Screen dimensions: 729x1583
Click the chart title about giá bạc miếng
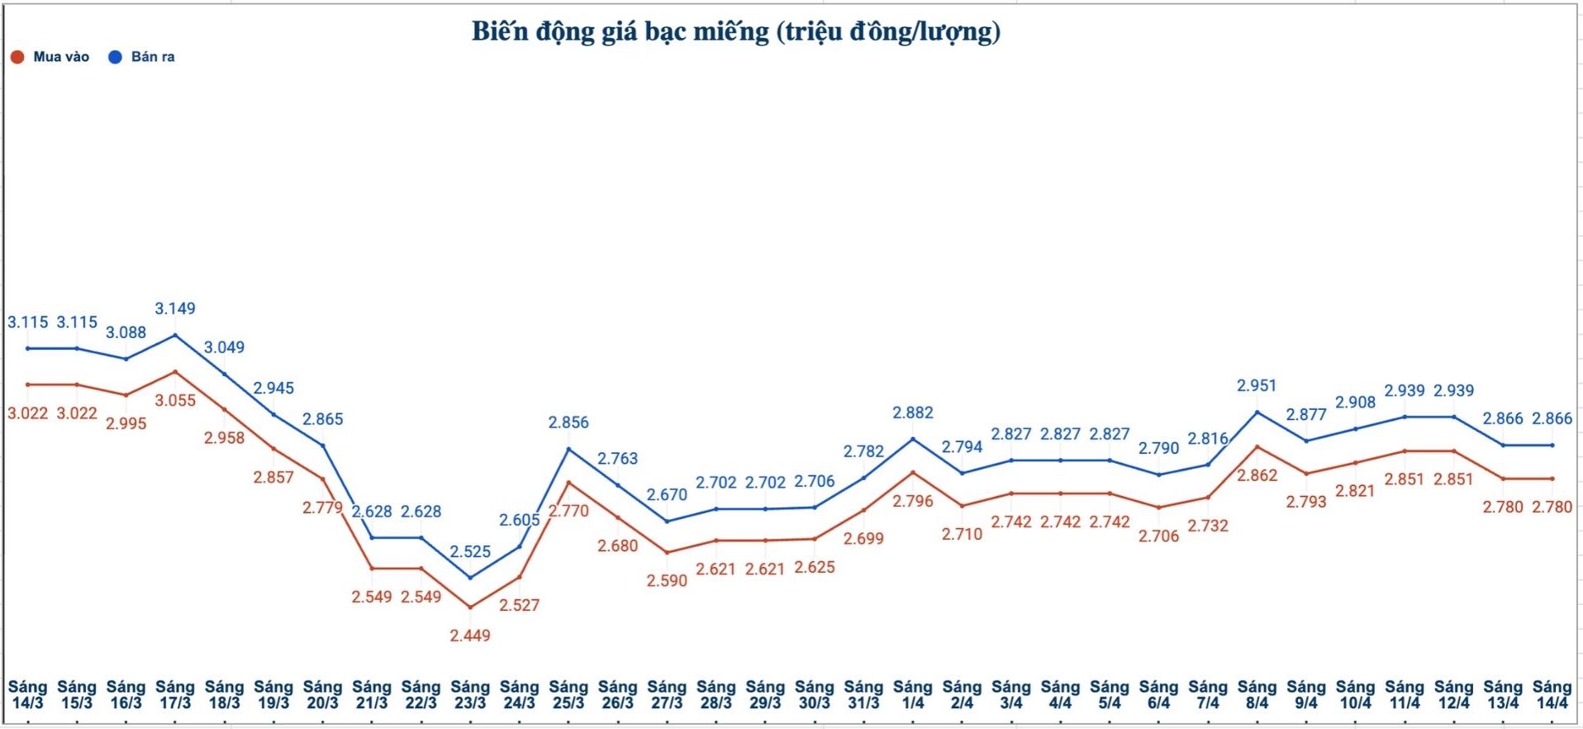click(735, 31)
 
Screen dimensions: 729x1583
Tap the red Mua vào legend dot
click(17, 57)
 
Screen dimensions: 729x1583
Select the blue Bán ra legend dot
click(116, 57)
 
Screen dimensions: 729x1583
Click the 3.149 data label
click(175, 308)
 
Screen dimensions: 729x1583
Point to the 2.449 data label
click(470, 636)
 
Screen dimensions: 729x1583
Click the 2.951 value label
click(1257, 385)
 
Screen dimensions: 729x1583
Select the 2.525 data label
click(470, 551)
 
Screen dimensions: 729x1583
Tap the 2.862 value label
click(1257, 475)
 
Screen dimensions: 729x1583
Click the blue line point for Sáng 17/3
click(175, 335)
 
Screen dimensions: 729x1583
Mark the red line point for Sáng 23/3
click(470, 607)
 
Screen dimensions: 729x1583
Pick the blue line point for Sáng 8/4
click(1257, 412)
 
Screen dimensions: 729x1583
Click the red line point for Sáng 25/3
click(568, 482)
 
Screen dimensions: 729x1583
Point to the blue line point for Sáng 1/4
click(913, 439)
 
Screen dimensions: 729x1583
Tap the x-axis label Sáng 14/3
click(27, 694)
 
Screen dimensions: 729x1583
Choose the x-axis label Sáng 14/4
click(1552, 694)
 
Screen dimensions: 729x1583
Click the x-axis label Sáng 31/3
click(863, 694)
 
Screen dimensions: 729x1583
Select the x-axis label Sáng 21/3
click(372, 694)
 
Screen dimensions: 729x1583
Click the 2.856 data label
click(568, 422)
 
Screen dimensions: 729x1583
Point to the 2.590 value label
click(667, 580)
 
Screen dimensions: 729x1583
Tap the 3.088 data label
click(126, 332)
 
